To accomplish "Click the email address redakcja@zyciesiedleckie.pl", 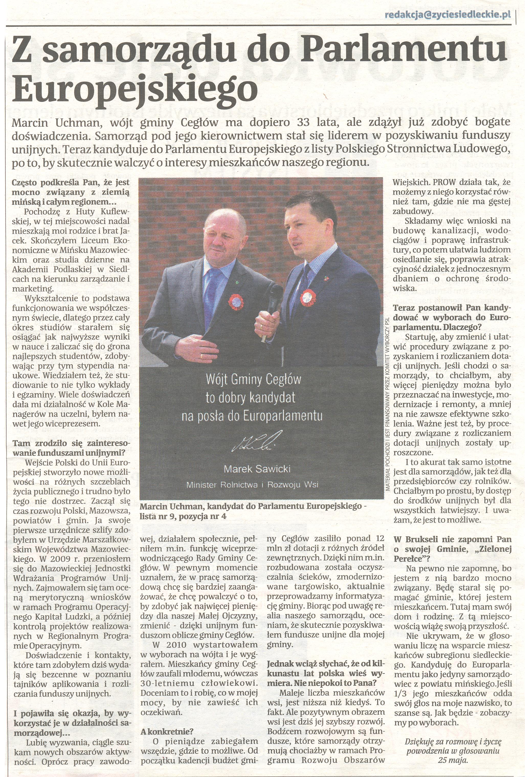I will point(448,15).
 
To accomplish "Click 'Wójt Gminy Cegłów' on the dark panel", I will point(253,380).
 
